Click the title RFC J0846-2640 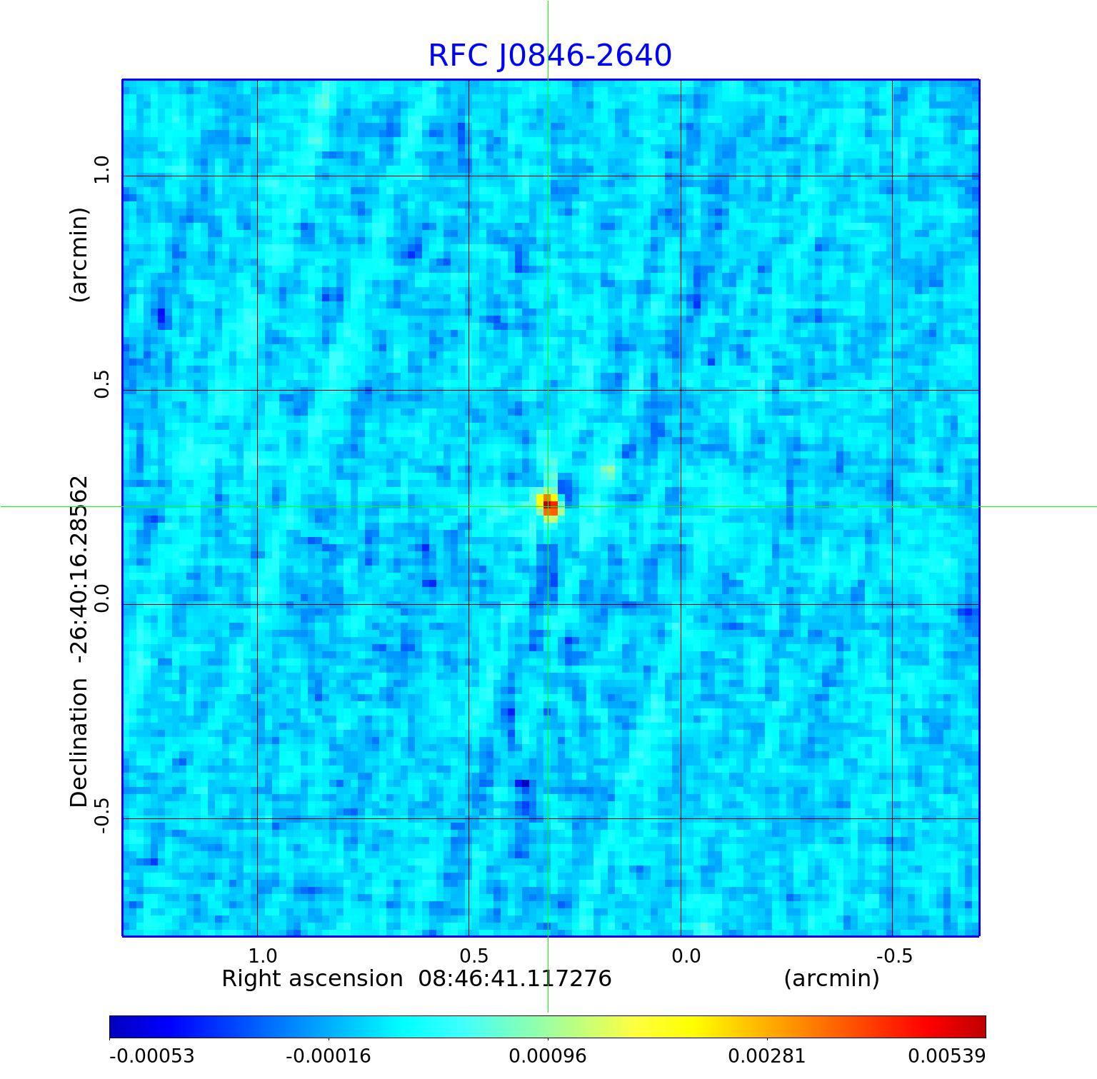click(x=550, y=56)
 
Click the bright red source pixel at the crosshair click(x=550, y=507)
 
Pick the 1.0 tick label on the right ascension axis click(x=262, y=955)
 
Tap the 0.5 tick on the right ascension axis click(x=474, y=955)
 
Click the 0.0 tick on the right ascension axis click(x=686, y=955)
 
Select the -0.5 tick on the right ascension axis click(x=894, y=955)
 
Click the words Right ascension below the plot click(x=312, y=978)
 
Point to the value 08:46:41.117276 click(x=515, y=978)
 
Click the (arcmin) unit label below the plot click(x=831, y=978)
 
